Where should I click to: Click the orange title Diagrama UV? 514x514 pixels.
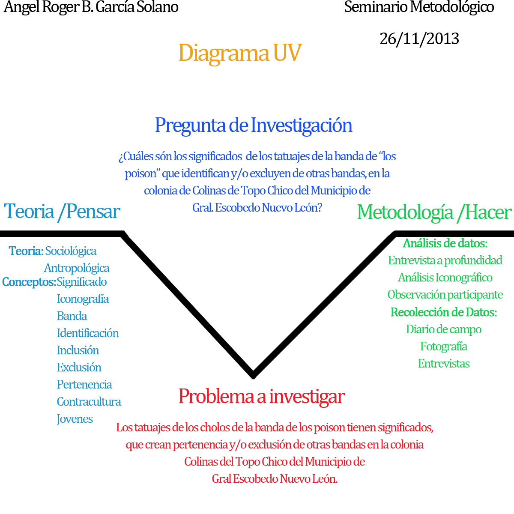(240, 53)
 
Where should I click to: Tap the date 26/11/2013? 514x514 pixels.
(419, 39)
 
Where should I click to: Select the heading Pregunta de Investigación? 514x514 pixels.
(254, 125)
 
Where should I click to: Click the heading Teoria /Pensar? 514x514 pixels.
(62, 212)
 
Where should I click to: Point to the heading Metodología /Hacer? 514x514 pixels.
(434, 212)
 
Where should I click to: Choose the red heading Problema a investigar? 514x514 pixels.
(261, 396)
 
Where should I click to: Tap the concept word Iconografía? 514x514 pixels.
(83, 299)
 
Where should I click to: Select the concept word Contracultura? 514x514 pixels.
(89, 402)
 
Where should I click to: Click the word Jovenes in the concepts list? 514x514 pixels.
(75, 419)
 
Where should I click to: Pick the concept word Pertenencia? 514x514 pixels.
(84, 385)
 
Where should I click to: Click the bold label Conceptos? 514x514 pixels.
(29, 282)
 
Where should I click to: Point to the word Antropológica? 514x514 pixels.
(77, 268)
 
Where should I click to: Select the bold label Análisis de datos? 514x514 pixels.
(445, 243)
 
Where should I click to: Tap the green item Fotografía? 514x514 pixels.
(444, 347)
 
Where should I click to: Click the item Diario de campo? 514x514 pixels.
(444, 329)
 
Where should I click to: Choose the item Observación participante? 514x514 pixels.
(445, 295)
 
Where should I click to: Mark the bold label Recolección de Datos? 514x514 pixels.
(444, 312)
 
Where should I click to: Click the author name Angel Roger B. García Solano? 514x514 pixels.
(91, 7)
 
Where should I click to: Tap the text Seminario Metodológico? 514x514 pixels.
(419, 7)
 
